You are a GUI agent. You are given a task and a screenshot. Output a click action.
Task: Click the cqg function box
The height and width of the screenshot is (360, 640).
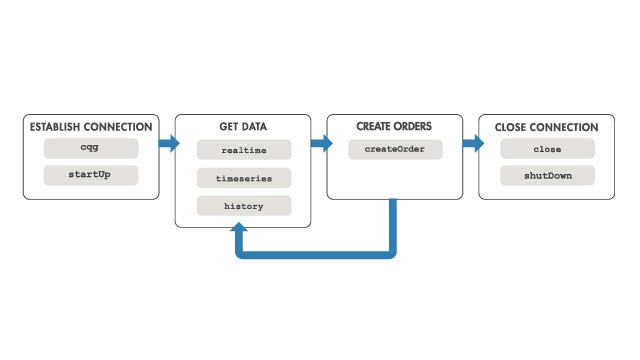pyautogui.click(x=90, y=149)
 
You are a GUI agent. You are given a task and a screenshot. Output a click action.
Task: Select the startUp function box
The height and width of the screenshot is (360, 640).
pyautogui.click(x=90, y=175)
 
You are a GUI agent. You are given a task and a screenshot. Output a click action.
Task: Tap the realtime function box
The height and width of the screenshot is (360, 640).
pyautogui.click(x=243, y=149)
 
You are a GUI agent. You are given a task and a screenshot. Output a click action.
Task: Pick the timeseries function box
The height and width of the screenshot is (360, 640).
pyautogui.click(x=243, y=177)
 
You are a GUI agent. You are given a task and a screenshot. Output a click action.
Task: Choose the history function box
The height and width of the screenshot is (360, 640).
pyautogui.click(x=243, y=205)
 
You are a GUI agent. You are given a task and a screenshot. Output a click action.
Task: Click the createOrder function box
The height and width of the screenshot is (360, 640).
pyautogui.click(x=395, y=149)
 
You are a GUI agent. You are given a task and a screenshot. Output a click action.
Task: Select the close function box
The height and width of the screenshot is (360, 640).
pyautogui.click(x=547, y=149)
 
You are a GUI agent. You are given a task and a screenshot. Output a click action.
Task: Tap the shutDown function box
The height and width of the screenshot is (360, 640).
pyautogui.click(x=547, y=175)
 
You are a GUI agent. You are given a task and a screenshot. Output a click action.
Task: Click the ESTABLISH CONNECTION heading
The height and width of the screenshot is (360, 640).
pyautogui.click(x=91, y=127)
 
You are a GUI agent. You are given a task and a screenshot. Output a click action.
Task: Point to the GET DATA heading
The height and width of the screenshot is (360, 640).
pyautogui.click(x=243, y=127)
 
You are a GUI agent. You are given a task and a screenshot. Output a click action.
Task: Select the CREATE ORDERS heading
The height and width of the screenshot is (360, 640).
pyautogui.click(x=395, y=127)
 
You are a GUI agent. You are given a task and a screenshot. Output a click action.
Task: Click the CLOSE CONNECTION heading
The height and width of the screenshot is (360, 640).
pyautogui.click(x=547, y=127)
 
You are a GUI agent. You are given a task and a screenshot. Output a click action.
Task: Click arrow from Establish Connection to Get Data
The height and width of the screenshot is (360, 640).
pyautogui.click(x=168, y=143)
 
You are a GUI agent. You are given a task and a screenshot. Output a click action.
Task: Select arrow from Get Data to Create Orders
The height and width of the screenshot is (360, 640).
pyautogui.click(x=320, y=143)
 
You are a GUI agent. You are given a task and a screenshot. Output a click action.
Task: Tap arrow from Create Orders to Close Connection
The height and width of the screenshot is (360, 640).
pyautogui.click(x=472, y=143)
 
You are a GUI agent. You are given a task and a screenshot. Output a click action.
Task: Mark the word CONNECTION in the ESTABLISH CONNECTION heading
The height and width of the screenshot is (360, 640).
pyautogui.click(x=119, y=127)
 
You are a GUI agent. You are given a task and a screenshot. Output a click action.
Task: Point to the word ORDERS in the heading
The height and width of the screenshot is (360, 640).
pyautogui.click(x=415, y=127)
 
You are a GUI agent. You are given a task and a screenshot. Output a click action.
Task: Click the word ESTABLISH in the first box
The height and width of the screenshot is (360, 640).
pyautogui.click(x=56, y=127)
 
